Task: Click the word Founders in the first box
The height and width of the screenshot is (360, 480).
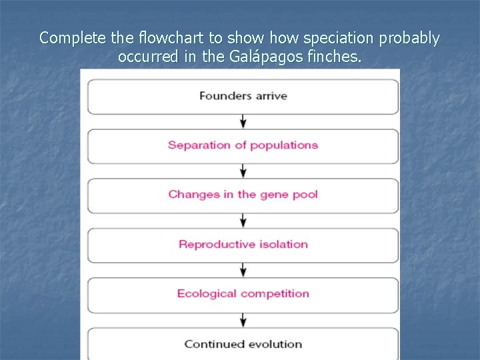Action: [220, 95]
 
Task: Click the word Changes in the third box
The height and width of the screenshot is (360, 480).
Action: [189, 195]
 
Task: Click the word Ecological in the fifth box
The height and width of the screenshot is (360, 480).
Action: [207, 293]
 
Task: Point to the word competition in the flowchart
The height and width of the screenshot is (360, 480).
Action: [275, 294]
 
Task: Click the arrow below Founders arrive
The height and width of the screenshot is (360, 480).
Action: [243, 121]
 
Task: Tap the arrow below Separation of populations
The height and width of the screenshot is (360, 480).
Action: [243, 171]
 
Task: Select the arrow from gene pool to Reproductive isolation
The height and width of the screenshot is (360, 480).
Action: [243, 220]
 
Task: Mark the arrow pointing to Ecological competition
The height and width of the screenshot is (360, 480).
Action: [243, 269]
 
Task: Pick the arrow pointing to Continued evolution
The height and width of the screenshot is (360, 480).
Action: [243, 319]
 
